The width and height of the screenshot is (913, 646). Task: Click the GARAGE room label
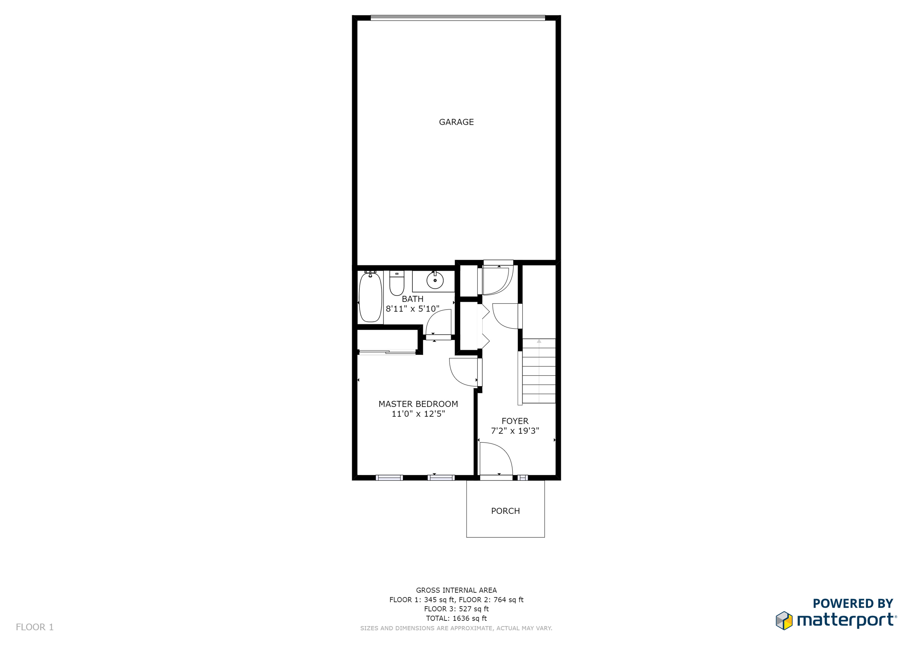[456, 122]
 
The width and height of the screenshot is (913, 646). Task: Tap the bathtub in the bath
[370, 297]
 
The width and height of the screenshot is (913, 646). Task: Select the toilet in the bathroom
[397, 283]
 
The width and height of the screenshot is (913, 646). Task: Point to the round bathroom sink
[435, 280]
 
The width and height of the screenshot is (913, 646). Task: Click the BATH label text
[412, 299]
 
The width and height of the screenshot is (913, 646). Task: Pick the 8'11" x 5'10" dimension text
[412, 309]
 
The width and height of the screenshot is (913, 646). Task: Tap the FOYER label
[515, 421]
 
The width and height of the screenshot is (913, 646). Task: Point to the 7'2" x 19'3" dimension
[515, 431]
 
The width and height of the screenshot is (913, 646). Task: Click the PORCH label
[505, 511]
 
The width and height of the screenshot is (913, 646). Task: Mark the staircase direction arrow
[539, 371]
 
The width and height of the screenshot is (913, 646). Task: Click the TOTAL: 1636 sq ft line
[456, 618]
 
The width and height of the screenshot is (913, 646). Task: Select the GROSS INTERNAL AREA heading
[456, 590]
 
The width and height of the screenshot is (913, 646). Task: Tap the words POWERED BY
[853, 603]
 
